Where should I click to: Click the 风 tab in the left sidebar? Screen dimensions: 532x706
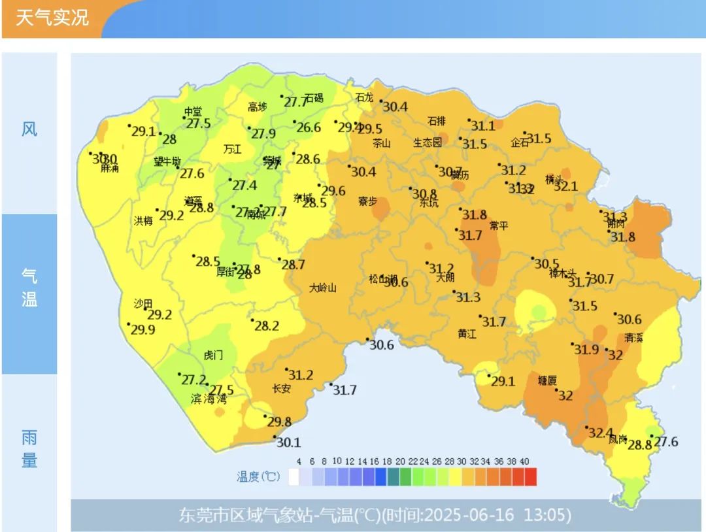29,129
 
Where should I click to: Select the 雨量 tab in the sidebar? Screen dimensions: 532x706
29,449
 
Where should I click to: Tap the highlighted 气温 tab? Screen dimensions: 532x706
29,288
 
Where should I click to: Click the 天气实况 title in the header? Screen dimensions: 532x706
52,18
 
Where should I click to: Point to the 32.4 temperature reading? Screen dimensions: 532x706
600,433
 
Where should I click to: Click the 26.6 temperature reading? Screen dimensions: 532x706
309,127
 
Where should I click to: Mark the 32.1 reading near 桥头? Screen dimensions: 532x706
565,186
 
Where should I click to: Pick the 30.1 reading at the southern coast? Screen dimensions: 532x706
288,442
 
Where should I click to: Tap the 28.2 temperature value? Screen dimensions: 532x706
266,325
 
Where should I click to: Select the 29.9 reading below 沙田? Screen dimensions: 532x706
143,329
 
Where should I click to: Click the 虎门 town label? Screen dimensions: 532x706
213,356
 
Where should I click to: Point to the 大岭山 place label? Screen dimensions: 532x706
322,288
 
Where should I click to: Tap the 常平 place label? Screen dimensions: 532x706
499,226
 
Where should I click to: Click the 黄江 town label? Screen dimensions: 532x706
467,333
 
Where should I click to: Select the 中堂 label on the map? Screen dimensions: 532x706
193,111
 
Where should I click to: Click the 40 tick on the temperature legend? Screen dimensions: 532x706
524,461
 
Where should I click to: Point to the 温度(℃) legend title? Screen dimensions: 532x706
258,477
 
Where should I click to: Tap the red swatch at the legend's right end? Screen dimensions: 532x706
530,477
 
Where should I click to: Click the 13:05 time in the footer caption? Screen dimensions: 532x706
547,516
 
